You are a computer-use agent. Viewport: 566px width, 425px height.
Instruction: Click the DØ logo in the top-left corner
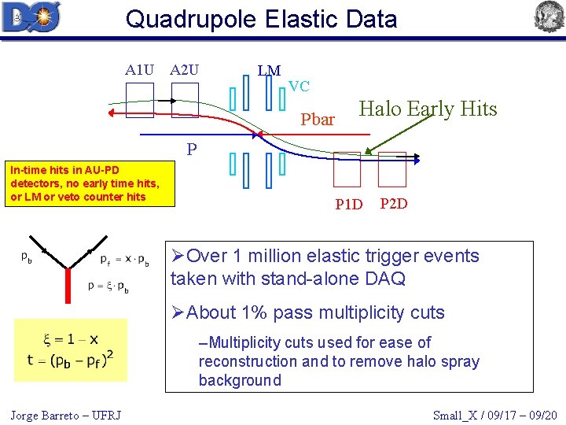[x=31, y=17]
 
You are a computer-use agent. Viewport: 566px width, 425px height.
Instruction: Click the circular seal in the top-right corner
[x=549, y=17]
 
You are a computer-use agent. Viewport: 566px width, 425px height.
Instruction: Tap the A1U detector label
[x=139, y=70]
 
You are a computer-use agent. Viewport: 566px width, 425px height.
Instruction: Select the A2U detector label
[x=185, y=70]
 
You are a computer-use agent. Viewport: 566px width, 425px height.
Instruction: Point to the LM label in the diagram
[x=269, y=71]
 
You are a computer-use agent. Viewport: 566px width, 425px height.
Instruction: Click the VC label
[x=299, y=86]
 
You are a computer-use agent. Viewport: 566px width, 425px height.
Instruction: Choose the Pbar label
[x=318, y=120]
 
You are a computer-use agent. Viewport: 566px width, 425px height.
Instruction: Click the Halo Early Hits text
[x=428, y=109]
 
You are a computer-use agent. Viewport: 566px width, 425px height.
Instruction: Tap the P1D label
[x=348, y=205]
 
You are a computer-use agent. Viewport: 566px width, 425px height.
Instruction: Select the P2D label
[x=393, y=204]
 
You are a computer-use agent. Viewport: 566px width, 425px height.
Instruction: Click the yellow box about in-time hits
[x=87, y=183]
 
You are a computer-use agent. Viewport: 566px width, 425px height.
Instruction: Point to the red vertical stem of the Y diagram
[x=68, y=282]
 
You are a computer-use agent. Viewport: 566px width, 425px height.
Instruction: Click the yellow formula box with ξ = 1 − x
[x=71, y=349]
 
